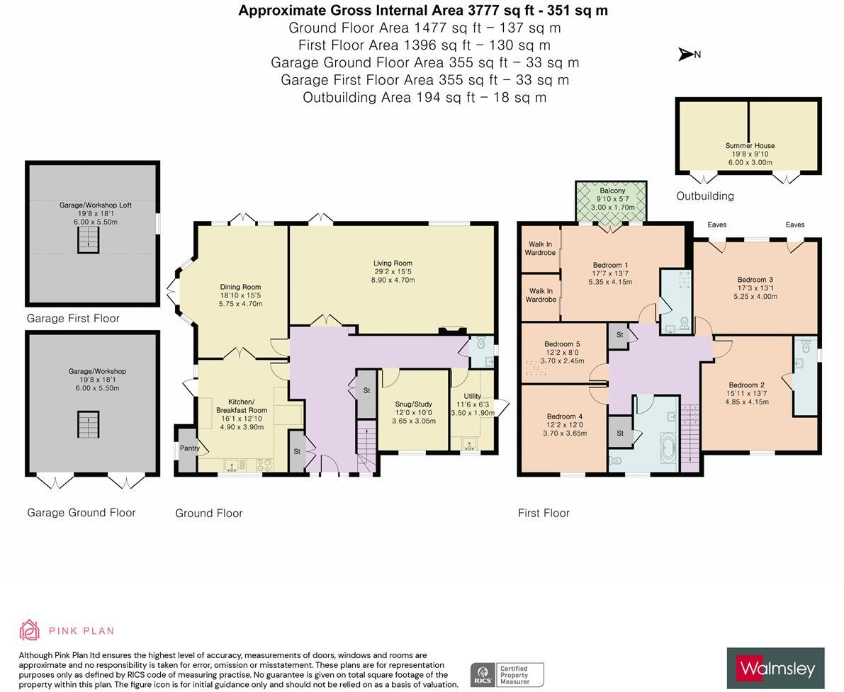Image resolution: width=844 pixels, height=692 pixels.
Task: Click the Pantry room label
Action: [189, 448]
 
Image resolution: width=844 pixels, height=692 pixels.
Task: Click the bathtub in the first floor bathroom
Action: [667, 451]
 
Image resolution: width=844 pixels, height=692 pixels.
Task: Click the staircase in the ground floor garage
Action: [88, 424]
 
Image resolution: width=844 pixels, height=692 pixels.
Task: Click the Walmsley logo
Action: [775, 668]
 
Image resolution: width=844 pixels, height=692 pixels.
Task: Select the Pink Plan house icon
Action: [30, 630]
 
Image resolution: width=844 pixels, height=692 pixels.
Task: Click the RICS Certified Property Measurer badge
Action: [507, 674]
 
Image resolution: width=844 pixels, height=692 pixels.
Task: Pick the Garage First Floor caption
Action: [73, 319]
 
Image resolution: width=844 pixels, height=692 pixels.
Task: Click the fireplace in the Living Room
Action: [449, 329]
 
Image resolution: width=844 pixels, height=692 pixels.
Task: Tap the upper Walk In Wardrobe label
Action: [540, 249]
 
